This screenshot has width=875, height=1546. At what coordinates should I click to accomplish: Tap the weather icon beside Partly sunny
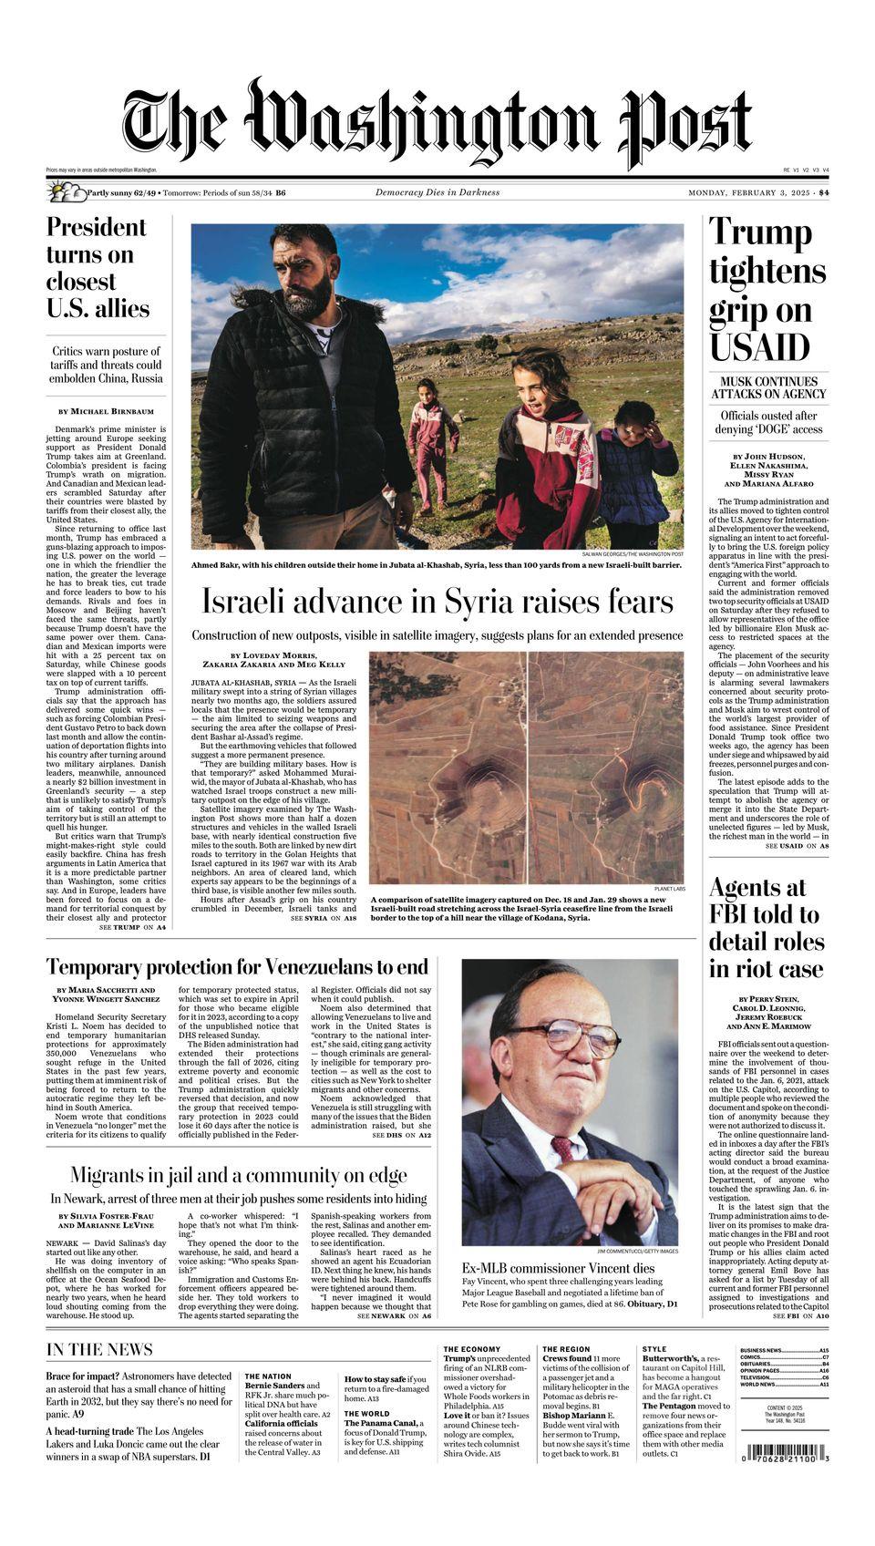pyautogui.click(x=65, y=192)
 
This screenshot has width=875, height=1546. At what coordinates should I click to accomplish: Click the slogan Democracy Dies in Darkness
pyautogui.click(x=437, y=192)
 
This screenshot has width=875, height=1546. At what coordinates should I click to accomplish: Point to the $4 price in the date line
pyautogui.click(x=823, y=192)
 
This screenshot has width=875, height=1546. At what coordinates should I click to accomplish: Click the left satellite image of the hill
pyautogui.click(x=447, y=766)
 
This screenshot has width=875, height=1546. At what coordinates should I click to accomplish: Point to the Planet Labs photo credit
pyautogui.click(x=669, y=889)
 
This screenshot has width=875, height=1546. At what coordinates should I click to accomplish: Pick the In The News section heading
pyautogui.click(x=99, y=1349)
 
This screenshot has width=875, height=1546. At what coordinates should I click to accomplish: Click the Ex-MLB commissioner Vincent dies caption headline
pyautogui.click(x=558, y=1268)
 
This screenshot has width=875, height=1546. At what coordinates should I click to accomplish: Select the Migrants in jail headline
pyautogui.click(x=238, y=1175)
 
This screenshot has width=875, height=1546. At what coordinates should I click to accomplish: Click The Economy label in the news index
pyautogui.click(x=471, y=1349)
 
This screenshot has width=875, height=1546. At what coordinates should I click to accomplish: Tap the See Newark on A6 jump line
pyautogui.click(x=395, y=1316)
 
